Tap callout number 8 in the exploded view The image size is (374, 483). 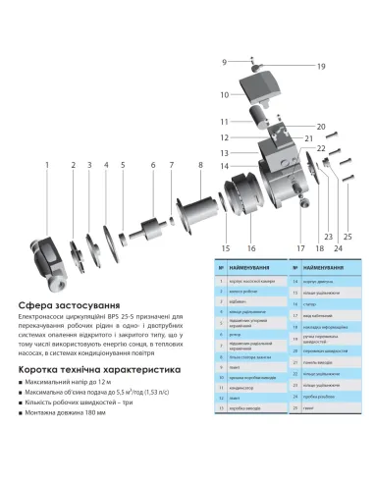[x=199, y=165]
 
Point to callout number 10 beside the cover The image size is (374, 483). [x=224, y=94]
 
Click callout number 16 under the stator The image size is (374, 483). [x=251, y=247]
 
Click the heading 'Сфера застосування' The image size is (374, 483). [x=63, y=305]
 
